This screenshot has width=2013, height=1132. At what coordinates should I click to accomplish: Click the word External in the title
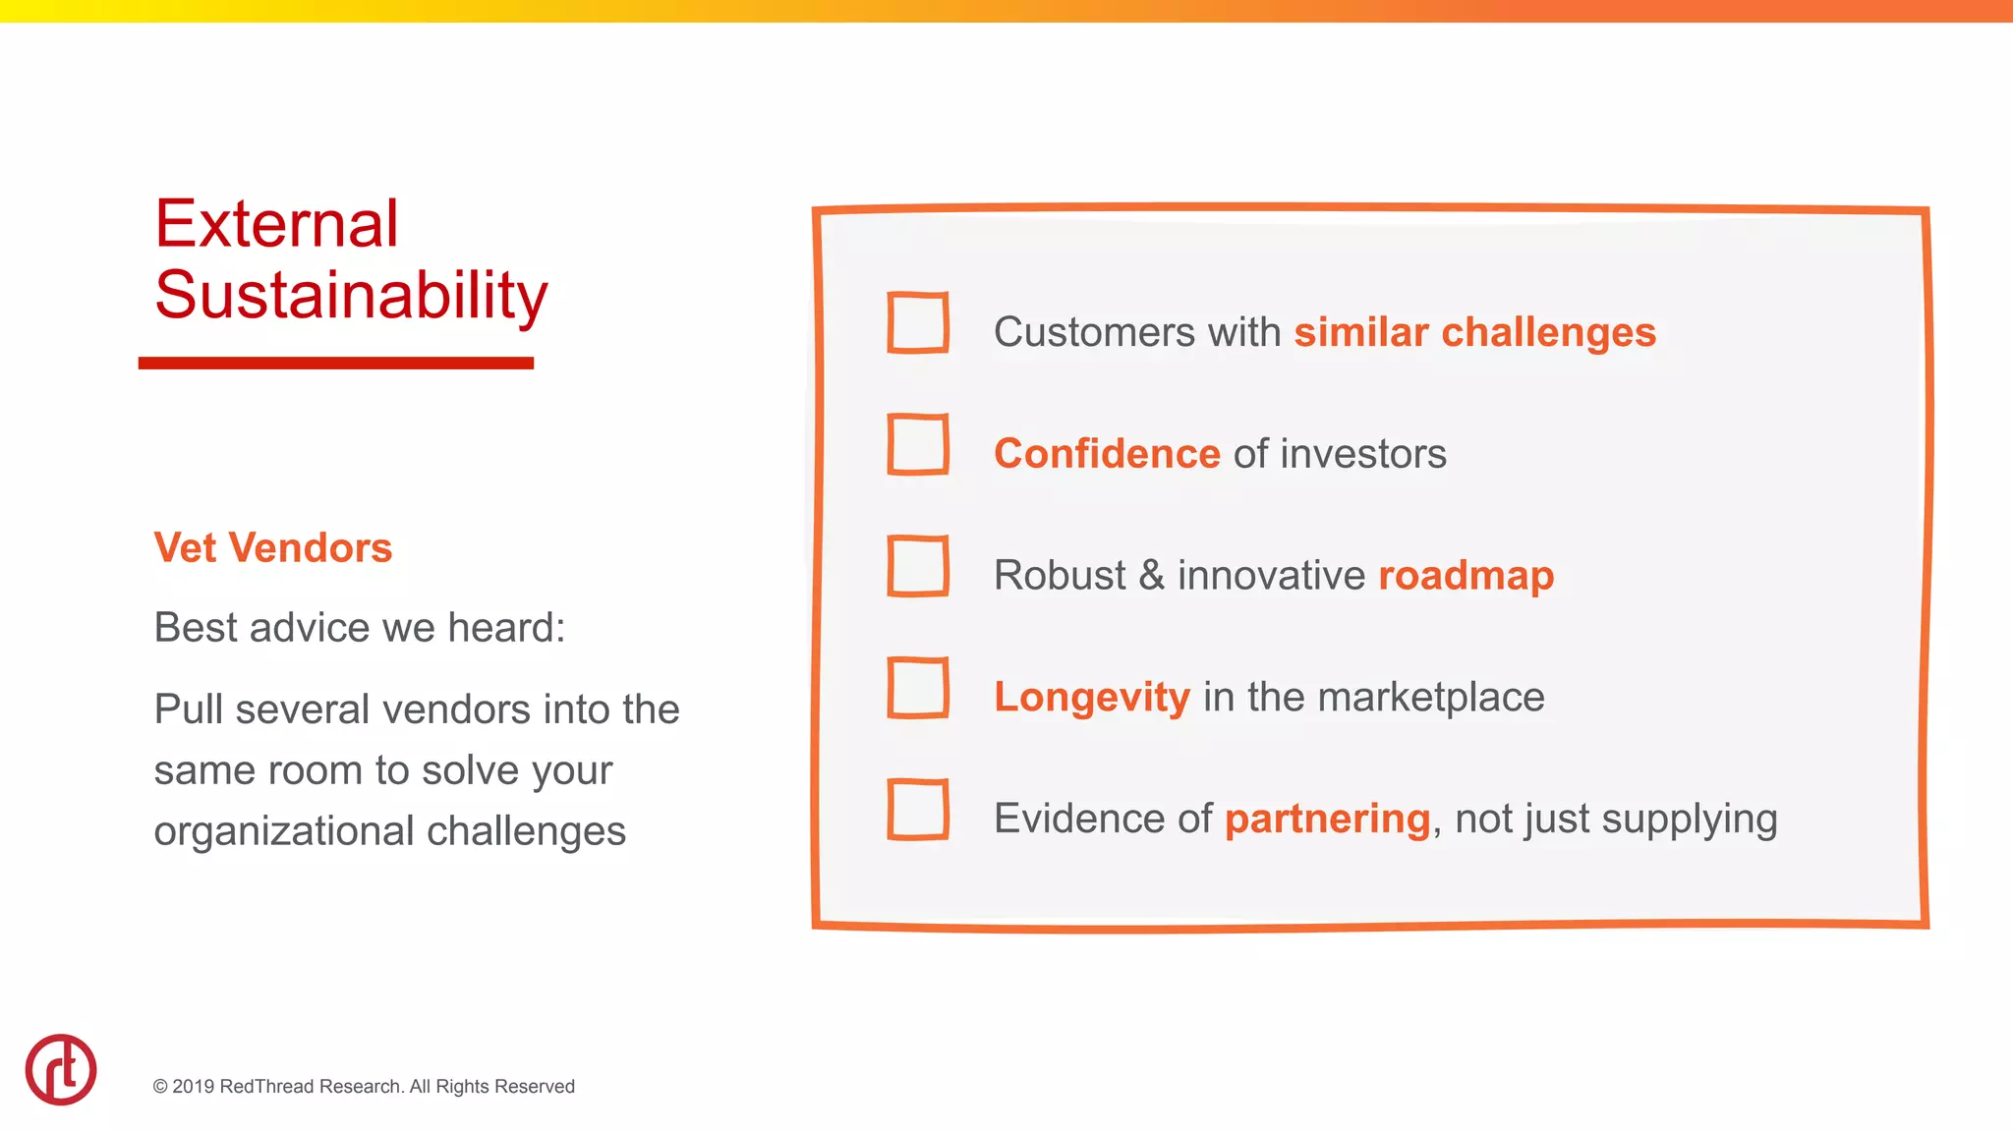[277, 224]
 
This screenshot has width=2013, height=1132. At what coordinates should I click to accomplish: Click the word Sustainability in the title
[351, 295]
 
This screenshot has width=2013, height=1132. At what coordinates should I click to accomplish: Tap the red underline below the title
[336, 364]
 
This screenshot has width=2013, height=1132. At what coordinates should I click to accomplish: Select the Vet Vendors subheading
[273, 548]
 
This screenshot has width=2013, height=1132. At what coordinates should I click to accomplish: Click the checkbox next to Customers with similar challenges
[918, 322]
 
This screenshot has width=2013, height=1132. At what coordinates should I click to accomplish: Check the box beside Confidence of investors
[918, 444]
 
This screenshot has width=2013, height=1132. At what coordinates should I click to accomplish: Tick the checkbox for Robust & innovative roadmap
[918, 566]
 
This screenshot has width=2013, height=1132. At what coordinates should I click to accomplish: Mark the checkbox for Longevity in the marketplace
[918, 688]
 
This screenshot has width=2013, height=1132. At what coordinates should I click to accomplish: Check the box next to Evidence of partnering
[918, 810]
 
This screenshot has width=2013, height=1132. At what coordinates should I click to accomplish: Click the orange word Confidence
[1107, 454]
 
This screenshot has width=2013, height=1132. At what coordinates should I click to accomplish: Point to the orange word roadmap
[1466, 576]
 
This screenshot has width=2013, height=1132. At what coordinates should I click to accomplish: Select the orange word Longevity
[1092, 698]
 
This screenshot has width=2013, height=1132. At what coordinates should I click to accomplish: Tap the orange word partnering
[1327, 820]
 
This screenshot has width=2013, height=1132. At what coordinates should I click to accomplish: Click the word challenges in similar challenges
[1548, 333]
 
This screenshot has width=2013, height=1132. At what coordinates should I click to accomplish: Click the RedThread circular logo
[61, 1069]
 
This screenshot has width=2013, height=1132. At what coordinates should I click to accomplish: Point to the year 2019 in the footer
[194, 1087]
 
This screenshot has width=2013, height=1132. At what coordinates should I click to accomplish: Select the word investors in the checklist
[1363, 454]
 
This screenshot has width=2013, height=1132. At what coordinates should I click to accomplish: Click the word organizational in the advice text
[284, 831]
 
